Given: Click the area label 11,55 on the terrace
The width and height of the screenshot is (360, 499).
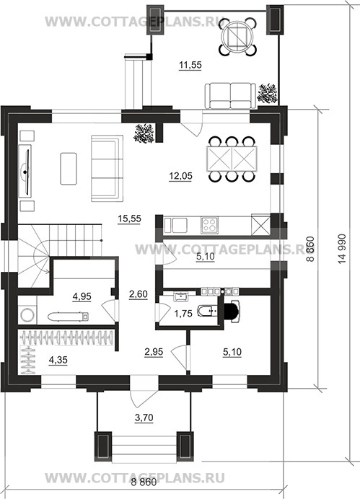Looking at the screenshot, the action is click(x=190, y=65).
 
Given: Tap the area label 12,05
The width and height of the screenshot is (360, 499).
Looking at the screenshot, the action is click(x=180, y=176).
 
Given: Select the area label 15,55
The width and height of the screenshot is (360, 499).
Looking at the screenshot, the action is click(x=129, y=218).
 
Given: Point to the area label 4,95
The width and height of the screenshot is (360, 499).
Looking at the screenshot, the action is click(x=82, y=296).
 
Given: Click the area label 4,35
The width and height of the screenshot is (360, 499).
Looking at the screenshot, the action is click(x=58, y=360).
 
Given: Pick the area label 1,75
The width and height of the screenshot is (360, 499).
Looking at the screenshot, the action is click(x=183, y=314).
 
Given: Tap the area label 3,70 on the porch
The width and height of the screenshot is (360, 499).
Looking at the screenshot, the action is click(x=144, y=418).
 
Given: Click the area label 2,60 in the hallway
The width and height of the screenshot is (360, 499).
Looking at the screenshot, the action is click(x=138, y=294).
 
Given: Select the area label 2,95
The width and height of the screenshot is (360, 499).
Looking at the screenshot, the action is click(x=154, y=352).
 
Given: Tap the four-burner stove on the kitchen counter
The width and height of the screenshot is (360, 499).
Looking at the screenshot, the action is click(x=209, y=225).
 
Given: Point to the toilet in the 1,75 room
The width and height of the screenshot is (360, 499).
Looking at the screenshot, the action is click(x=207, y=311).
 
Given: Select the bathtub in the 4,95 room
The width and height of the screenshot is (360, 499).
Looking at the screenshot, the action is click(x=69, y=317).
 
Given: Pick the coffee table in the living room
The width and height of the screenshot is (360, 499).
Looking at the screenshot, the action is click(x=69, y=169).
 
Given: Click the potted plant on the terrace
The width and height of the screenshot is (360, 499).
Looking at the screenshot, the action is click(x=268, y=92).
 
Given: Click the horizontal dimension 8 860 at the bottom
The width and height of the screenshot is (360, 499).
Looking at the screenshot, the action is click(x=144, y=482).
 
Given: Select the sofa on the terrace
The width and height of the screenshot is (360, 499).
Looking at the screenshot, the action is click(x=230, y=95).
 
